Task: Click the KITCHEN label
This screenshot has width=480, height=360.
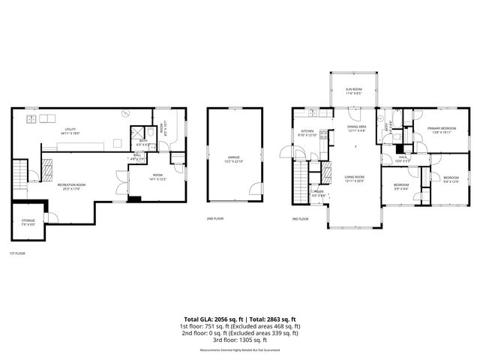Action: click(x=307, y=132)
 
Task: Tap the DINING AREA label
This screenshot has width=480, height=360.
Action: click(x=356, y=128)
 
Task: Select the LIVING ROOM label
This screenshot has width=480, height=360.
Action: click(x=355, y=178)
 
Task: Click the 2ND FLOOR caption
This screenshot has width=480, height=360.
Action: click(x=215, y=218)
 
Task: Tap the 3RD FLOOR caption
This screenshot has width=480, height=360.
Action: click(x=300, y=218)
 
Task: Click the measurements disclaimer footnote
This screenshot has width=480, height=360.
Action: click(x=240, y=349)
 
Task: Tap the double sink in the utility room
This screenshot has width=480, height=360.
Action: click(x=32, y=118)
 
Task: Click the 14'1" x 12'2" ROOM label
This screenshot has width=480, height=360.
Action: click(x=141, y=178)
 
